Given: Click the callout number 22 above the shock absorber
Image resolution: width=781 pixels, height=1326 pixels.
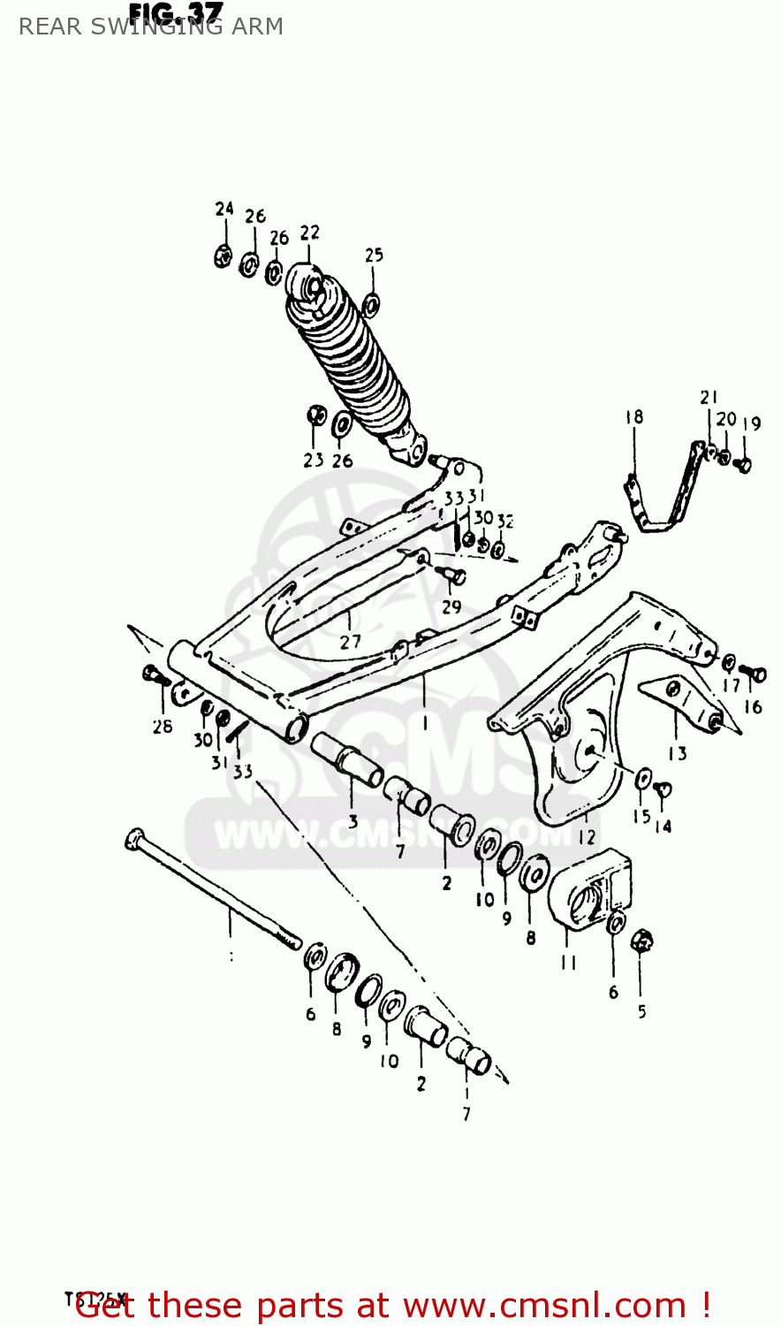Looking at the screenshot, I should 309,232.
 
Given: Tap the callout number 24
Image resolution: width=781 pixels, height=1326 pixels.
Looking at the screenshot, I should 224,209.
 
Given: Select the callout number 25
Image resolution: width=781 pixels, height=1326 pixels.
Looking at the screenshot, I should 374,255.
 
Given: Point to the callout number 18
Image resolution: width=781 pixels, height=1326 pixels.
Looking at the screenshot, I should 633,416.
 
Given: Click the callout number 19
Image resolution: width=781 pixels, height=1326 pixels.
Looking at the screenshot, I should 751,424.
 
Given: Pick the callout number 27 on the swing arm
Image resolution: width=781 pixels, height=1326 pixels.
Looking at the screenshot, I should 351,641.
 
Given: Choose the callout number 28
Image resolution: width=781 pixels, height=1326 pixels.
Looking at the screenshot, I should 162,727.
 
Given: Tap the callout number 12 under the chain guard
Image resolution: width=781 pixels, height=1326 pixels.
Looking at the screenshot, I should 588,836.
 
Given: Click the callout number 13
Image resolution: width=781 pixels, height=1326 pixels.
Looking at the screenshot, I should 677,753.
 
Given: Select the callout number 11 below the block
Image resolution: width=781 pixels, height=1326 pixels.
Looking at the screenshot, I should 569,962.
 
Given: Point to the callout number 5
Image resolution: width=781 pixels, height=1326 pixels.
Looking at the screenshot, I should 642,1010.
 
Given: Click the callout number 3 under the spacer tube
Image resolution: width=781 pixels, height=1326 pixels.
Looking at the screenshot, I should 353,821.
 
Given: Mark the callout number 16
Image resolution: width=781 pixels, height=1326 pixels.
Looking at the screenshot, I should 753,706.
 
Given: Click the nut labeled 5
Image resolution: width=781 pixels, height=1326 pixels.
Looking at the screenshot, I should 642,941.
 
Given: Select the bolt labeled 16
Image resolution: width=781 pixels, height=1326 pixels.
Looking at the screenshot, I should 753,674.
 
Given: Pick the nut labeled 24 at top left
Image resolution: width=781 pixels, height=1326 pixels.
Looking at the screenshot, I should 224,256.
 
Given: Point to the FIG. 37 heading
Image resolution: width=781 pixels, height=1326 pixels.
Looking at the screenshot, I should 175,11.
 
